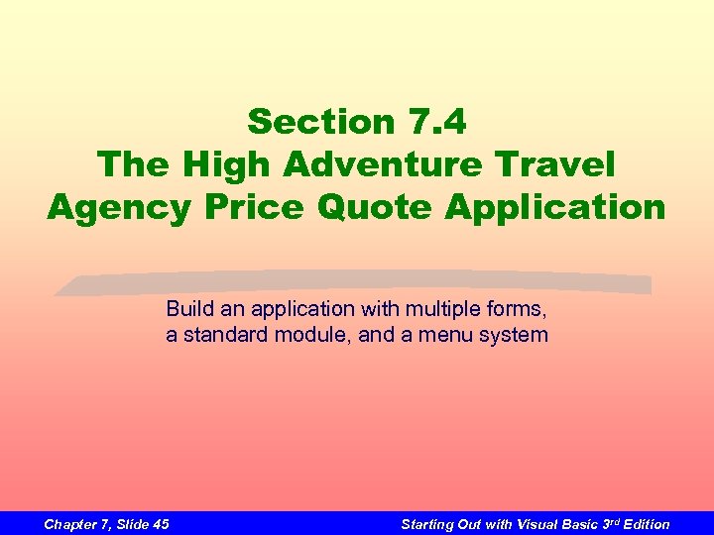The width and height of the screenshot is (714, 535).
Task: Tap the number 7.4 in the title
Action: point(433,122)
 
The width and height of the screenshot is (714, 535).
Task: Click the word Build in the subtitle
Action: point(187,308)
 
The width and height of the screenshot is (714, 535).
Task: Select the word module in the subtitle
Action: point(312,335)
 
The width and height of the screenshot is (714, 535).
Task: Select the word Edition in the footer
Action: point(647,524)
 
